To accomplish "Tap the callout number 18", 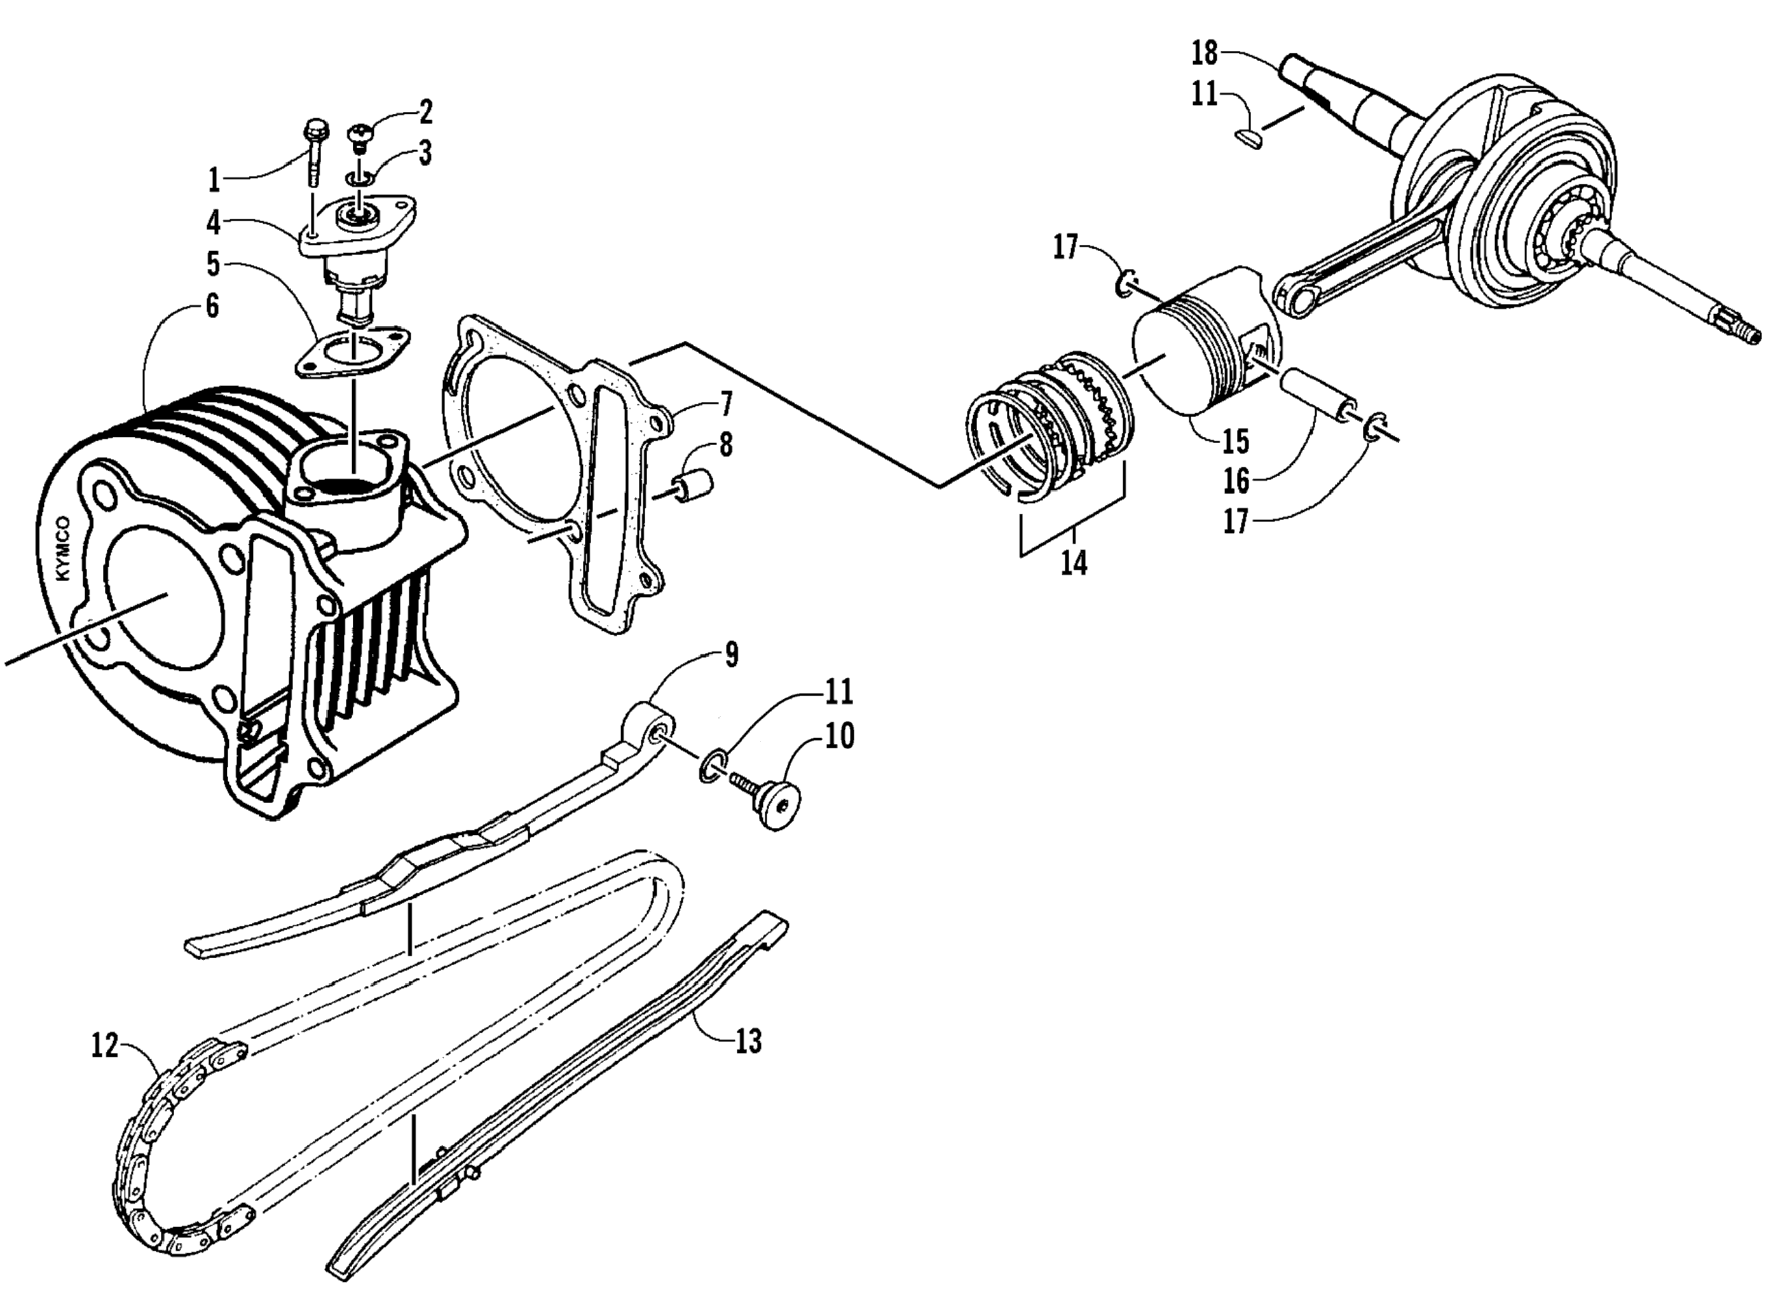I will (x=1204, y=53).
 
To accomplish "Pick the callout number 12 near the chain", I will (x=104, y=1045).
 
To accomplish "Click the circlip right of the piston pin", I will (x=1373, y=427).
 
